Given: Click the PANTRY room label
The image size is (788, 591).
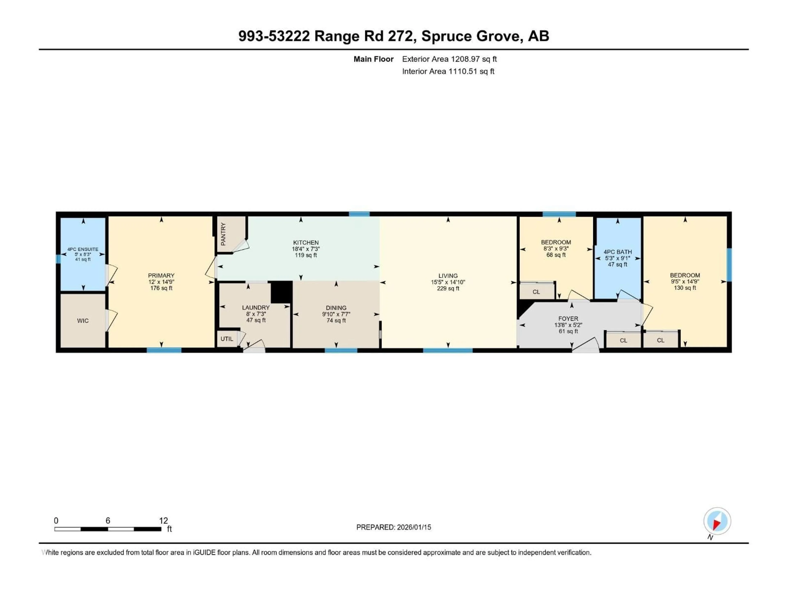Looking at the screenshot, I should [x=223, y=234].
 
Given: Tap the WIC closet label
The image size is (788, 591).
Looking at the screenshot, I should [x=83, y=321].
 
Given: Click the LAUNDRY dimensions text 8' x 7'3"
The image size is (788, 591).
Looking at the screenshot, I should [x=256, y=314].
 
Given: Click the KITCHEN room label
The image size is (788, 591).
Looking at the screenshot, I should [x=306, y=243].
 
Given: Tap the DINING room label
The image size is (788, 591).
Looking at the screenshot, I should [x=336, y=308].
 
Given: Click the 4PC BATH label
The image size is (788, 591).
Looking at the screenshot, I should [x=618, y=252].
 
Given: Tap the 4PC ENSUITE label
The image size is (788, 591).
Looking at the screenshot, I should [x=83, y=249].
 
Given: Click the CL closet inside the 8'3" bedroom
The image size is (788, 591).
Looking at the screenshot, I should [x=536, y=292].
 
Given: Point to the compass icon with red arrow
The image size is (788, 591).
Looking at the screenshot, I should [x=717, y=521].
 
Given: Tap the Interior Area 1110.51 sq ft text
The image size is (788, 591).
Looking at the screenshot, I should [x=448, y=71].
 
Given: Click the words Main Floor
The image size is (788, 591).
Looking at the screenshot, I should [x=373, y=59].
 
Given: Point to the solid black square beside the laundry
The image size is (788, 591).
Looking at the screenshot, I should [x=281, y=292].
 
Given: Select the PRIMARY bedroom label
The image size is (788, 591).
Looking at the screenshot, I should [x=161, y=275].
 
